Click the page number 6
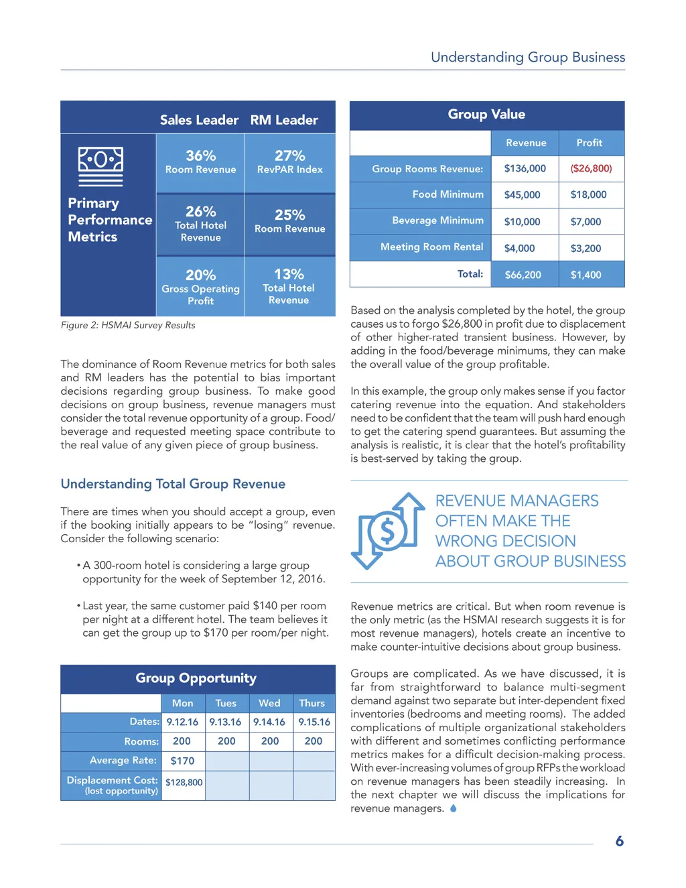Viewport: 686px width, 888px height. [620, 841]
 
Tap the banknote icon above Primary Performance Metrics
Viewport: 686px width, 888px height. [100, 166]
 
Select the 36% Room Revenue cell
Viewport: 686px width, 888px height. [200, 162]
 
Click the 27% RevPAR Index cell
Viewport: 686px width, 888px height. [289, 162]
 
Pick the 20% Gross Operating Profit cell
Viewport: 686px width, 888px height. [200, 287]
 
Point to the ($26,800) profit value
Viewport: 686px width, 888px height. [591, 168]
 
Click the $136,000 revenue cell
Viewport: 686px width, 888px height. [525, 168]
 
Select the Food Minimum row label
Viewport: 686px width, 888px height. [448, 194]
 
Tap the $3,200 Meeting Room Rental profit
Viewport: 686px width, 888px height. [586, 248]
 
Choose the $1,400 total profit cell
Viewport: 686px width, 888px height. [586, 275]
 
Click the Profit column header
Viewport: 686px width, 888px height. [589, 143]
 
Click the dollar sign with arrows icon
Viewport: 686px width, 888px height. [388, 531]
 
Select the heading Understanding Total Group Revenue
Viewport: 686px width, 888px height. [173, 484]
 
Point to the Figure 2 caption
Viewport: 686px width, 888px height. [128, 325]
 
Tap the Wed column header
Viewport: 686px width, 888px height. [269, 703]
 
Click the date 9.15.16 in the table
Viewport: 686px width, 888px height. [314, 722]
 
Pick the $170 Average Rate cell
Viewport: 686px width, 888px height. [182, 761]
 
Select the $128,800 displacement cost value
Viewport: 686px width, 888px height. [184, 782]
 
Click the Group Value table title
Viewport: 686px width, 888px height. [486, 115]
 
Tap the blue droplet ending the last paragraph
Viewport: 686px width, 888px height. [454, 808]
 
